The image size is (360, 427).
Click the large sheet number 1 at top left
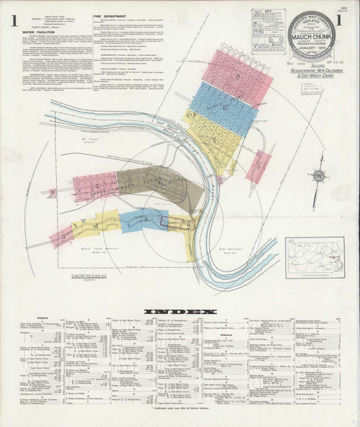coord(14,18)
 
